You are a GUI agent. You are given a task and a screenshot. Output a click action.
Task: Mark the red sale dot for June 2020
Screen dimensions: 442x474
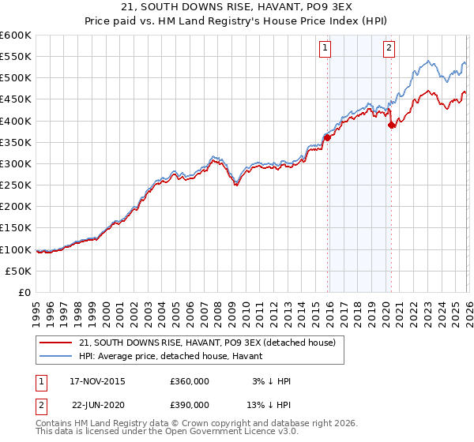[x=391, y=124]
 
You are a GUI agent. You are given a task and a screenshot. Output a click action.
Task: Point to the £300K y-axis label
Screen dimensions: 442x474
[x=16, y=163]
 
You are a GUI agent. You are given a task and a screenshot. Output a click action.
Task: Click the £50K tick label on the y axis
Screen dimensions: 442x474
[x=19, y=271]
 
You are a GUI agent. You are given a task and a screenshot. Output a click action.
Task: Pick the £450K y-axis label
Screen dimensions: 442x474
[x=16, y=99]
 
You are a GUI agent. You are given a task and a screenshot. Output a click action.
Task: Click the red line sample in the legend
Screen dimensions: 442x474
[x=55, y=342]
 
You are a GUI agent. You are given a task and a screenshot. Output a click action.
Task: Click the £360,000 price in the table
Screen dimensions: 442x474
[x=190, y=381]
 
